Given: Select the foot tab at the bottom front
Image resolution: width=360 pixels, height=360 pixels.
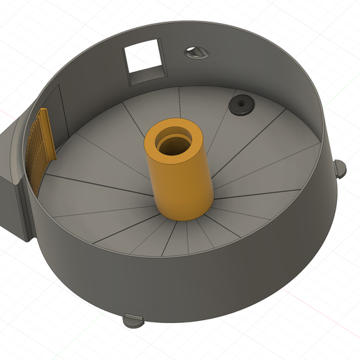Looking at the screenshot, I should tap(133, 321).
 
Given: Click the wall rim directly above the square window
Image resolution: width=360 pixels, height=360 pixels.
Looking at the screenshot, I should tap(143, 35).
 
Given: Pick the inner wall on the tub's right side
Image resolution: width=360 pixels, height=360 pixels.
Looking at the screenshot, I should tap(307, 105).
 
